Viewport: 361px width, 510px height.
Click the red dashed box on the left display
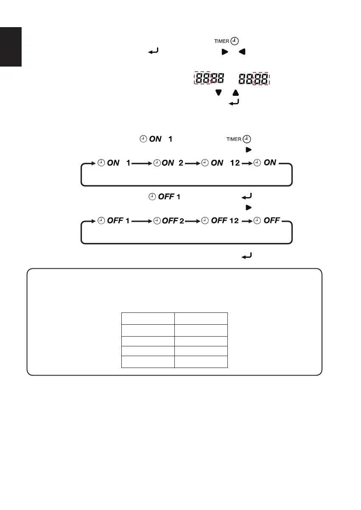point(203,78)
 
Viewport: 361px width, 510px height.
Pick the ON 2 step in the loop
point(168,163)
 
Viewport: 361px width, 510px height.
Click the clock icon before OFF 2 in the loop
point(157,221)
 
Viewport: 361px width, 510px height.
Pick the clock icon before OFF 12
point(205,221)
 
